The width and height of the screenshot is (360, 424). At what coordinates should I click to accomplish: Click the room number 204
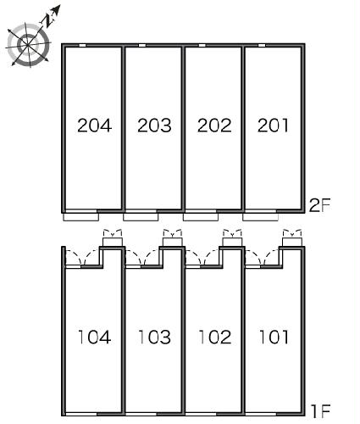[94, 126]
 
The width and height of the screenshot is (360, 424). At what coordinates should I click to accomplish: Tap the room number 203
[154, 126]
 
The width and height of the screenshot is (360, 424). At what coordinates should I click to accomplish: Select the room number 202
[213, 126]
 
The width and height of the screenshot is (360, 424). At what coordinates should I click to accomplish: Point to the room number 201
[273, 126]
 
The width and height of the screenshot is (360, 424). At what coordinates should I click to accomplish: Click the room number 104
[94, 338]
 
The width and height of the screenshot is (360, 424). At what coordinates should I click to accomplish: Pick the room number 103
[154, 338]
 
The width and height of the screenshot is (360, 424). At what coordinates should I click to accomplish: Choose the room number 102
[213, 338]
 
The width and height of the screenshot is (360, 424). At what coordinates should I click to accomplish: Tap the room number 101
[273, 338]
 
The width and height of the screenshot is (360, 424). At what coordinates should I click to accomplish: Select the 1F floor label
[319, 413]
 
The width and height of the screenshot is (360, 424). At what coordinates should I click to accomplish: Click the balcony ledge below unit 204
[81, 215]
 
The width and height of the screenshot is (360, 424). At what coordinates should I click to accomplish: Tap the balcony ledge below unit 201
[260, 215]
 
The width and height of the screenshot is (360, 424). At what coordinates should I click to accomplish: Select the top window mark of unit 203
[141, 44]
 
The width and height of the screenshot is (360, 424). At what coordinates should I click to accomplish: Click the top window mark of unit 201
[262, 44]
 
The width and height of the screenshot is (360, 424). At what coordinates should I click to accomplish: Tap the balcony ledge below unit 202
[201, 215]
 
